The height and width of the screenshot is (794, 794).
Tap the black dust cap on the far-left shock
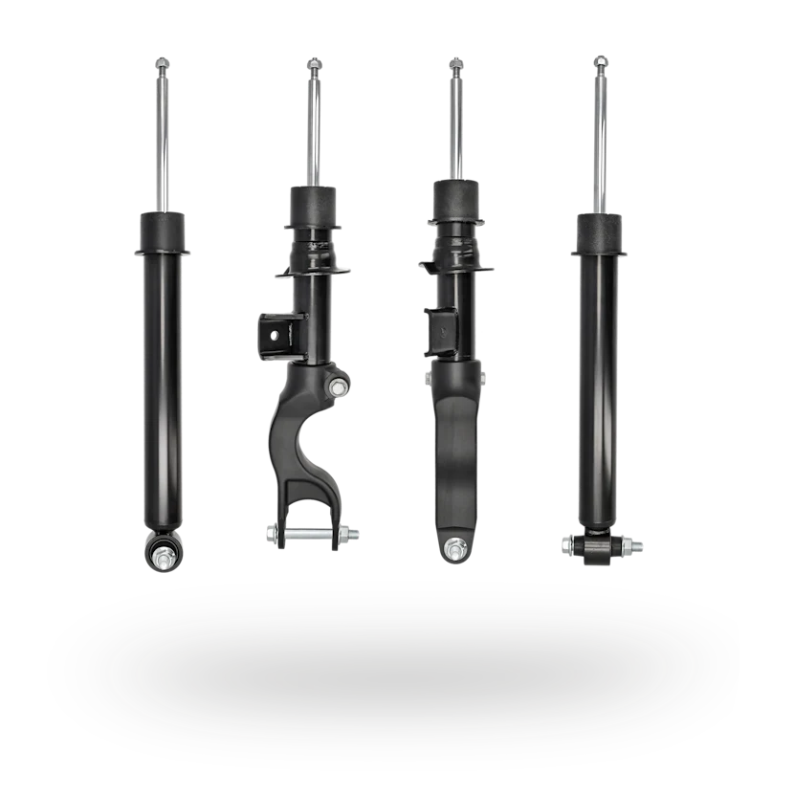click(160, 232)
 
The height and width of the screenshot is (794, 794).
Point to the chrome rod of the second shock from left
click(314, 124)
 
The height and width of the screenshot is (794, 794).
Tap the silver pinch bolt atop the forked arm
click(339, 388)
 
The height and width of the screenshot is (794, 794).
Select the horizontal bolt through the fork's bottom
click(314, 534)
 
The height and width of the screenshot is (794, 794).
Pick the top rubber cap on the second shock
click(312, 204)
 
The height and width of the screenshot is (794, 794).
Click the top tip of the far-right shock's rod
click(601, 63)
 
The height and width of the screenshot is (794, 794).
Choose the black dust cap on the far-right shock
click(601, 234)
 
